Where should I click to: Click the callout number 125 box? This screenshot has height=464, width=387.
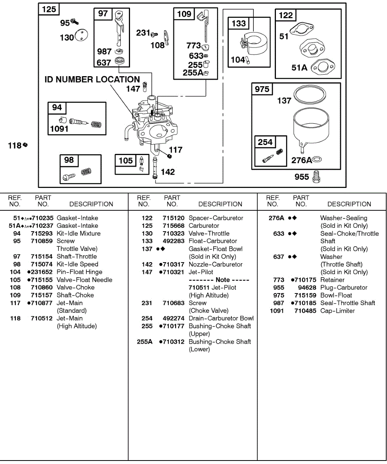(49, 9)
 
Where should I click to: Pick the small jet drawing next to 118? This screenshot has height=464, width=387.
(25, 145)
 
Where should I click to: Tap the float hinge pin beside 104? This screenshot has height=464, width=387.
(248, 60)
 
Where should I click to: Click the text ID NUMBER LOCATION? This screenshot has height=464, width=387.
(92, 80)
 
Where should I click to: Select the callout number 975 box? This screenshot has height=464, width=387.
(262, 89)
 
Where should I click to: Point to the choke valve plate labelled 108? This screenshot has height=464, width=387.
(167, 38)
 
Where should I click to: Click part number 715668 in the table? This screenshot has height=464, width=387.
(174, 226)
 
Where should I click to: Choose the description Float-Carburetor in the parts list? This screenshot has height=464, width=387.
(213, 241)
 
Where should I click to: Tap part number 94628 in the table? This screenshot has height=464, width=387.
(306, 288)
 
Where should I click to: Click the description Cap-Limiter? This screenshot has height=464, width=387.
(337, 311)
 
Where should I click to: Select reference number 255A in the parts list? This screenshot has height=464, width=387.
(145, 342)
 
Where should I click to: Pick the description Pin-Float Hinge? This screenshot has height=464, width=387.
(80, 272)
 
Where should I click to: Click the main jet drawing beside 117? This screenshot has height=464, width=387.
(169, 155)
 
